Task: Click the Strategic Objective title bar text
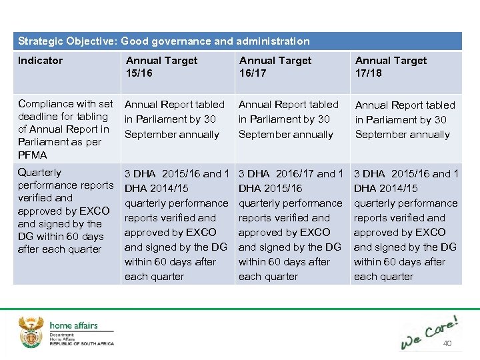point(164,41)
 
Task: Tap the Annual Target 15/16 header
point(161,67)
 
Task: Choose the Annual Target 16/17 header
point(275,67)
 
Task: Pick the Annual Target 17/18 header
point(391,67)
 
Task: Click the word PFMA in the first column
point(33,155)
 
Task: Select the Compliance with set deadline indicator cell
point(65,129)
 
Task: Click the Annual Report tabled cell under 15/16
point(175,119)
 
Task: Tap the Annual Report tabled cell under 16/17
point(289,119)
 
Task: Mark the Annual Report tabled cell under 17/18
point(405,120)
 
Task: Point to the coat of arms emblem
point(31,331)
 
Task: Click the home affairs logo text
point(73,326)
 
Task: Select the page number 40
point(447,343)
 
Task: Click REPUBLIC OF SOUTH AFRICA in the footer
point(82,344)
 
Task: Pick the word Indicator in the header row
point(40,61)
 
